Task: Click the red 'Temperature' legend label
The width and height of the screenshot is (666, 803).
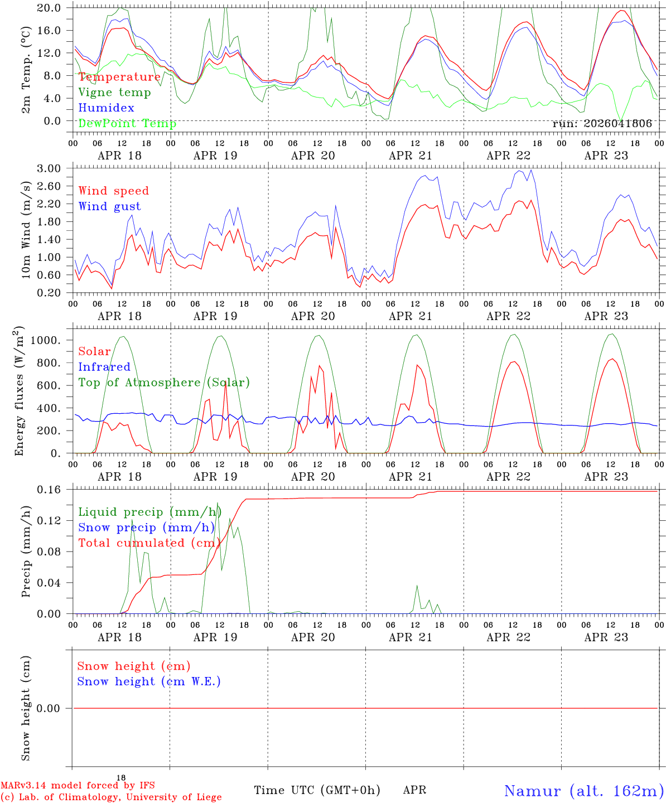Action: click(x=119, y=76)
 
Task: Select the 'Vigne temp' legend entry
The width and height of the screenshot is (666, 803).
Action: click(x=115, y=93)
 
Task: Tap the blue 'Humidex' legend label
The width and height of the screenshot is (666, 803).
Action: click(x=106, y=108)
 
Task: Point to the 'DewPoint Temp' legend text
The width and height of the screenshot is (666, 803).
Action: click(x=127, y=123)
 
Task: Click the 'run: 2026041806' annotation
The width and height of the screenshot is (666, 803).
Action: click(x=602, y=123)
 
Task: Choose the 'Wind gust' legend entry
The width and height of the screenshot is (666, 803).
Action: click(x=110, y=206)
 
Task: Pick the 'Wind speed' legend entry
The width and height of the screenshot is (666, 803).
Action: click(x=113, y=191)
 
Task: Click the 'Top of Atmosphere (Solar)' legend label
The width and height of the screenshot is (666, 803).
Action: click(x=165, y=383)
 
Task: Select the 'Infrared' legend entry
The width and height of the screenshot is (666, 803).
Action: click(x=104, y=367)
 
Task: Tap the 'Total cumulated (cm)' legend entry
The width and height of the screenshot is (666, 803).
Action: click(x=149, y=543)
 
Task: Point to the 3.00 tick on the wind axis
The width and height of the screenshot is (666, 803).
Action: click(x=49, y=168)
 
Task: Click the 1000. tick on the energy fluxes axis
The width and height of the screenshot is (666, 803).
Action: click(x=45, y=340)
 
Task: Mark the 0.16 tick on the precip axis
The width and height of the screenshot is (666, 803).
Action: click(x=49, y=490)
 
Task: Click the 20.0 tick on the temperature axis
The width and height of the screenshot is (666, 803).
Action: click(x=49, y=8)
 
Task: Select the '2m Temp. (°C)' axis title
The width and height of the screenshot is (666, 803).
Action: click(x=26, y=70)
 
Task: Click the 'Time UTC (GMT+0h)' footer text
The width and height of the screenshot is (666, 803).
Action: click(x=317, y=790)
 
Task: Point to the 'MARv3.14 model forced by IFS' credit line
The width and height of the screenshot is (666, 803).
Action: click(x=78, y=785)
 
